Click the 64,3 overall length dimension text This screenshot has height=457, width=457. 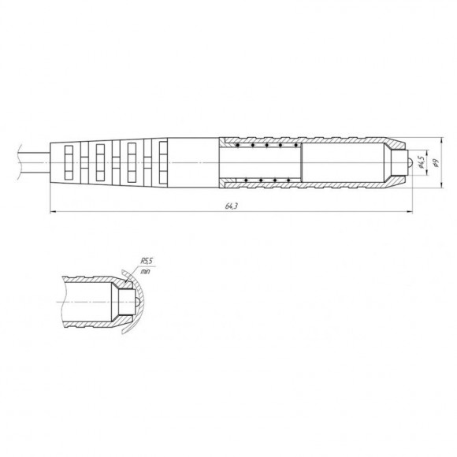(232, 206)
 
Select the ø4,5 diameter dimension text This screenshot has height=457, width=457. (421, 162)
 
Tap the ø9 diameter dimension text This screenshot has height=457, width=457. (436, 162)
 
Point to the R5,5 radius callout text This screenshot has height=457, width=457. (147, 261)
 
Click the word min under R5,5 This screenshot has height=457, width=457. (145, 271)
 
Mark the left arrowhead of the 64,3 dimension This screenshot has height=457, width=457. (53, 212)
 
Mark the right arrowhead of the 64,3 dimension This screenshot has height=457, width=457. (411, 212)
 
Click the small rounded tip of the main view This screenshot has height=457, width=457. (410, 162)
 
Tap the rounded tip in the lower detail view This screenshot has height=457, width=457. (137, 302)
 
